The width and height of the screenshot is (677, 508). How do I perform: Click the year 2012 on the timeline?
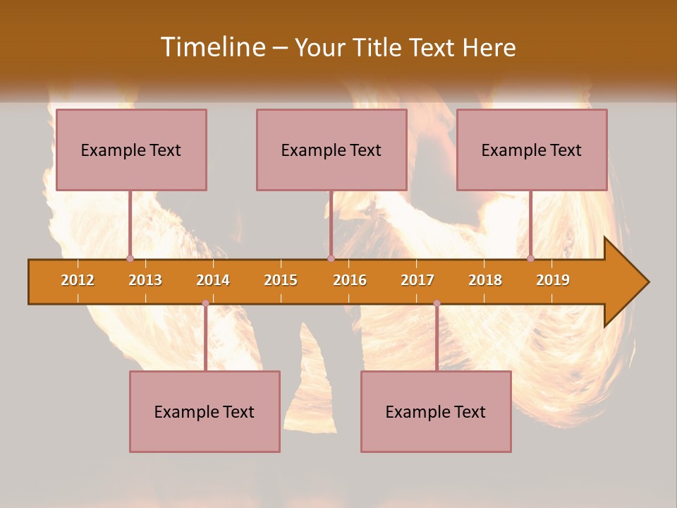click(78, 280)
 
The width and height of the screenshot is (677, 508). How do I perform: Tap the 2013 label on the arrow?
click(145, 280)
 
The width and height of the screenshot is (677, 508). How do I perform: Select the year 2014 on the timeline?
click(213, 280)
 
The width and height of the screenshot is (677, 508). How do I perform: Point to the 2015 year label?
click(281, 280)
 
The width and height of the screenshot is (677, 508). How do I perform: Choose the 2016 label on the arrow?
click(350, 280)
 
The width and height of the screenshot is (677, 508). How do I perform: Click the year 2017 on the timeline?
click(417, 280)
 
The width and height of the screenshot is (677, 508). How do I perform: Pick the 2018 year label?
click(485, 280)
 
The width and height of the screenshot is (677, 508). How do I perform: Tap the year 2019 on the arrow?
click(553, 280)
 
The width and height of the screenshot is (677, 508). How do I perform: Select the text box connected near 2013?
click(131, 150)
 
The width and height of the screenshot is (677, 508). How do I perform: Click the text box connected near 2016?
click(331, 150)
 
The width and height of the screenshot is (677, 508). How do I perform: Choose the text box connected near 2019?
click(532, 150)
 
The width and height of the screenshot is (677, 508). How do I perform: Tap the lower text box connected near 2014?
click(205, 411)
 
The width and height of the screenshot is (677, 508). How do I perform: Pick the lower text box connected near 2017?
click(436, 411)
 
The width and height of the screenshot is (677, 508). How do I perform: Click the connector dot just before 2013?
click(130, 258)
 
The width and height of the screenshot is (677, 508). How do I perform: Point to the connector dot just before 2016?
click(331, 258)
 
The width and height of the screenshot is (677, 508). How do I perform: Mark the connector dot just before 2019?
click(531, 258)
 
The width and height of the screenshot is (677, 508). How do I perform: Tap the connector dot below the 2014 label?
click(205, 303)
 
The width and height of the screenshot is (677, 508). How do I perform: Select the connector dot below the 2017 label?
click(437, 303)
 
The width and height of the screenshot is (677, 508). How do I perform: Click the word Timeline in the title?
click(212, 47)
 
